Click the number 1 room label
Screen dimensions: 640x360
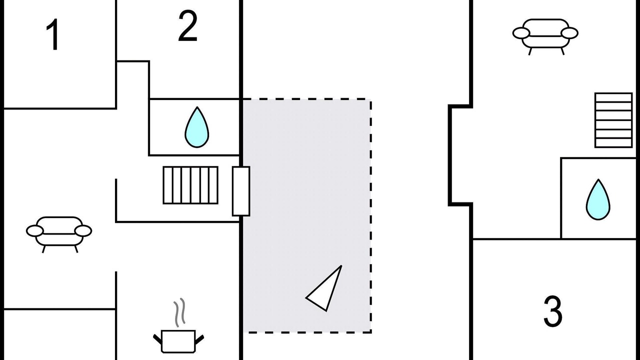pos(53,34)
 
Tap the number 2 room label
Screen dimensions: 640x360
pos(187,25)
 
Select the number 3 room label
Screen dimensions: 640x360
pos(553,311)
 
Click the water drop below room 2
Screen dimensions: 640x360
pos(197,127)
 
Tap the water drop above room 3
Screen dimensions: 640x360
pos(598,199)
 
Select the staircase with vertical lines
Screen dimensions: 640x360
pos(190,185)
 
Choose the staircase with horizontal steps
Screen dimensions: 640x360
pos(613,120)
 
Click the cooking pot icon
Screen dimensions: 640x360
pos(178,341)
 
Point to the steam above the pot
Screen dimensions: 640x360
pos(179,312)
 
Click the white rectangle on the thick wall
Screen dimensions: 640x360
pos(241,191)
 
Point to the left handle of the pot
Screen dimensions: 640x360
pos(157,339)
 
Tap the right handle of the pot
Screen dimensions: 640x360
pos(199,339)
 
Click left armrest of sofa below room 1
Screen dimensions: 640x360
pos(35,231)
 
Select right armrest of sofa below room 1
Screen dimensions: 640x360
pos(83,231)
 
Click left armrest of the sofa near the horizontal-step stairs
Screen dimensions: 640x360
pos(521,33)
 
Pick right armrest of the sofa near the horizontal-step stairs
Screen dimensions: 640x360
pos(569,33)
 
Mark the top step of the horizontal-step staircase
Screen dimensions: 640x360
pos(613,97)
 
